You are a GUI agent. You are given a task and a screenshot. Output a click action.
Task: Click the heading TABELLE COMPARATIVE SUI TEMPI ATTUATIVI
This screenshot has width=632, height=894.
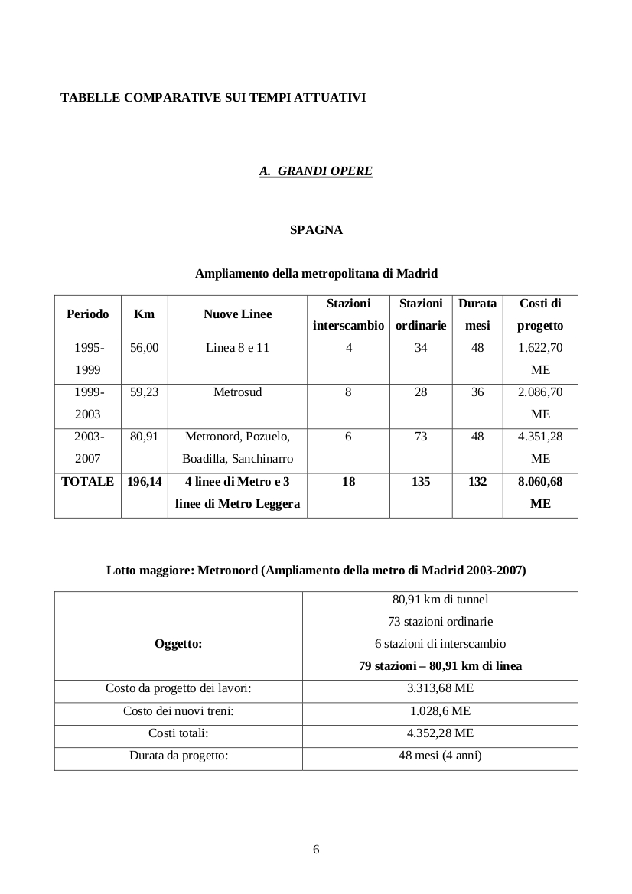(x=213, y=98)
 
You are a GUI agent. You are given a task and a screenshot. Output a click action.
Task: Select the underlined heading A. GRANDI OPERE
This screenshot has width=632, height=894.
(x=316, y=171)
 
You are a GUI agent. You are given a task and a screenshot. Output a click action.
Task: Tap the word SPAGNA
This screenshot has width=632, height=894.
(x=316, y=229)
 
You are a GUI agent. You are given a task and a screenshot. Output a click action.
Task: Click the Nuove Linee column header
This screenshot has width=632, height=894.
(x=237, y=314)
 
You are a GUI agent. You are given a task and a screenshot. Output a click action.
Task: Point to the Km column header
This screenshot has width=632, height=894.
(x=144, y=314)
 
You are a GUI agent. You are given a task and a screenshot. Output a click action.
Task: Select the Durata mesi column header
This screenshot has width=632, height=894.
(x=477, y=314)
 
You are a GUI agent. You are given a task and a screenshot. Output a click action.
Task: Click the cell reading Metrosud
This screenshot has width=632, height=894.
(x=237, y=392)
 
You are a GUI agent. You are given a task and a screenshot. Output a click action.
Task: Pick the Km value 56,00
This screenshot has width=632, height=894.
(x=144, y=348)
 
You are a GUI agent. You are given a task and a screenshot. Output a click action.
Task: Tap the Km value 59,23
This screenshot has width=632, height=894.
(x=144, y=392)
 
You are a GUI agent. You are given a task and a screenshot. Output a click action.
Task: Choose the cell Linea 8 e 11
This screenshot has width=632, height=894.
(x=237, y=348)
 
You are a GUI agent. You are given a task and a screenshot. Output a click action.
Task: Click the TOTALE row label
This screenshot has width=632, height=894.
(x=87, y=482)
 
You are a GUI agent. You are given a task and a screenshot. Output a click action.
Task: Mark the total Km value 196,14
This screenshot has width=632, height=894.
(x=144, y=482)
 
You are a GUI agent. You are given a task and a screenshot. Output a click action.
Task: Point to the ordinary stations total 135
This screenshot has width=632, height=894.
(x=421, y=482)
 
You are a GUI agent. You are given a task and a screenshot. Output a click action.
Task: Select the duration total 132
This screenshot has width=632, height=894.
(x=477, y=482)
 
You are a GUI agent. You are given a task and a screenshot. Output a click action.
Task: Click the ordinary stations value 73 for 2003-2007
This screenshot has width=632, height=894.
(x=421, y=437)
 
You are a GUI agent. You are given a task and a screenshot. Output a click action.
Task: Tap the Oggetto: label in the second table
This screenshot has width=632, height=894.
(x=178, y=644)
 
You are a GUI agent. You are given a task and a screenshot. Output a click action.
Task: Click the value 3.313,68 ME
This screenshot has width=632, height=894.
(x=440, y=688)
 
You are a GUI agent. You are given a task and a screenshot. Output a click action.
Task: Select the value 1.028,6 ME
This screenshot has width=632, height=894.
(x=440, y=710)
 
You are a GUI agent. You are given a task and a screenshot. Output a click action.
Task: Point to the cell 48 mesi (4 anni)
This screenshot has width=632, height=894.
(x=440, y=756)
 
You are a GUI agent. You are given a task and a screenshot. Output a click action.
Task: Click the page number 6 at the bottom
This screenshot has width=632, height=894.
(x=316, y=850)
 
